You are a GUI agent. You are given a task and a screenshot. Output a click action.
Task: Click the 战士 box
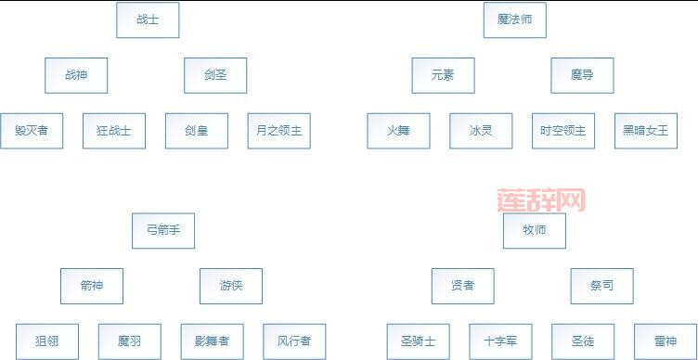pyautogui.click(x=148, y=19)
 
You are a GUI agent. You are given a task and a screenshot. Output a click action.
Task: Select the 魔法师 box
pyautogui.click(x=514, y=19)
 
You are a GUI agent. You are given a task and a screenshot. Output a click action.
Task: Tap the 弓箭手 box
pyautogui.click(x=163, y=230)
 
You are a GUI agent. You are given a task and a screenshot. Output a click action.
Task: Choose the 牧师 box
pyautogui.click(x=534, y=230)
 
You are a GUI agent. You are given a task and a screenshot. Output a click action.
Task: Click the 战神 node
pyautogui.click(x=76, y=75)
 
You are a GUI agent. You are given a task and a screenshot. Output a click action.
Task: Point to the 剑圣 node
pyautogui.click(x=215, y=75)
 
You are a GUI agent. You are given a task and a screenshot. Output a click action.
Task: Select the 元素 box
pyautogui.click(x=443, y=75)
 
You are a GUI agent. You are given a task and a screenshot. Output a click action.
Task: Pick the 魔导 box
pyautogui.click(x=582, y=75)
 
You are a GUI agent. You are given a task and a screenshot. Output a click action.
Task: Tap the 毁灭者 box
pyautogui.click(x=32, y=131)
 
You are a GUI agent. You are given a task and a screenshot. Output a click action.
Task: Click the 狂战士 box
pyautogui.click(x=114, y=131)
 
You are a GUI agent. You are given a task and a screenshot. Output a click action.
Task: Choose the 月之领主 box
pyautogui.click(x=278, y=131)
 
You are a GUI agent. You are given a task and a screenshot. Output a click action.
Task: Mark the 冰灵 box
pyautogui.click(x=481, y=131)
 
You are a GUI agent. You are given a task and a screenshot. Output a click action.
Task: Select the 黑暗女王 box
pyautogui.click(x=645, y=131)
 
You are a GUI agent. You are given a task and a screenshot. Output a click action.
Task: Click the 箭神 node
pyautogui.click(x=91, y=286)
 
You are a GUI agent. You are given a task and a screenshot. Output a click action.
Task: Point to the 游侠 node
pyautogui.click(x=230, y=286)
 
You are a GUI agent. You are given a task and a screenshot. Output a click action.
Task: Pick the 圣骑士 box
pyautogui.click(x=418, y=341)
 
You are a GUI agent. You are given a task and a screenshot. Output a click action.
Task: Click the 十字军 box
pyautogui.click(x=500, y=341)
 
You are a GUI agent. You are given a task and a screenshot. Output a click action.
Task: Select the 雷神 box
pyautogui.click(x=665, y=341)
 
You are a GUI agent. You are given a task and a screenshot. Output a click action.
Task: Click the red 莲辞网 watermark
pyautogui.click(x=541, y=199)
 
